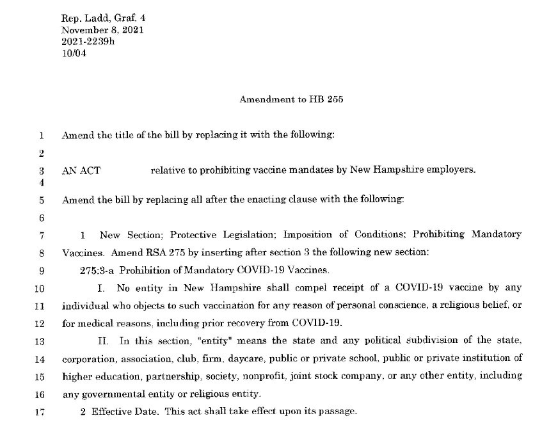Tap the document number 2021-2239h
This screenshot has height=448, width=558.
[x=89, y=42]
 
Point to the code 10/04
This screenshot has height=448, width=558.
[x=74, y=54]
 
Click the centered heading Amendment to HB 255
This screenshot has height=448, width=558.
[x=291, y=100]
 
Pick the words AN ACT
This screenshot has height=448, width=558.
[x=81, y=171]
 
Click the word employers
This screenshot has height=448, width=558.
[x=453, y=171]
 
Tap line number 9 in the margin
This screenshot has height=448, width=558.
[x=42, y=270]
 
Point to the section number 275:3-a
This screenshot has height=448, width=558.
[x=97, y=270]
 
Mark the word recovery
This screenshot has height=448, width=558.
[x=236, y=323]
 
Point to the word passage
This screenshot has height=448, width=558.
[x=337, y=411]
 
